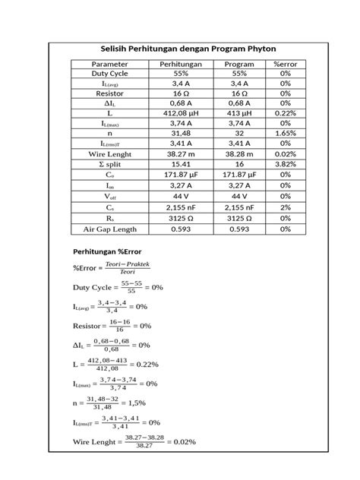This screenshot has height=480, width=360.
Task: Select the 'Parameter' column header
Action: (x=110, y=64)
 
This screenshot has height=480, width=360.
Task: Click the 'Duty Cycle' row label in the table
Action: (x=110, y=74)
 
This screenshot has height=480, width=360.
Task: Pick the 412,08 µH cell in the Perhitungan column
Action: (x=180, y=112)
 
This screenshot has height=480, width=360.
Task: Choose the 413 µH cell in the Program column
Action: (x=238, y=112)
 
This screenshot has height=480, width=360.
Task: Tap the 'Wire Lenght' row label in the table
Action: (x=110, y=153)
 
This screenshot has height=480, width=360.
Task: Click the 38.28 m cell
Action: (x=238, y=153)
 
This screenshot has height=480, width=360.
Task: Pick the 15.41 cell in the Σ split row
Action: (x=180, y=164)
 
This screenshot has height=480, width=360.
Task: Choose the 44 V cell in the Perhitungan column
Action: (x=180, y=195)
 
